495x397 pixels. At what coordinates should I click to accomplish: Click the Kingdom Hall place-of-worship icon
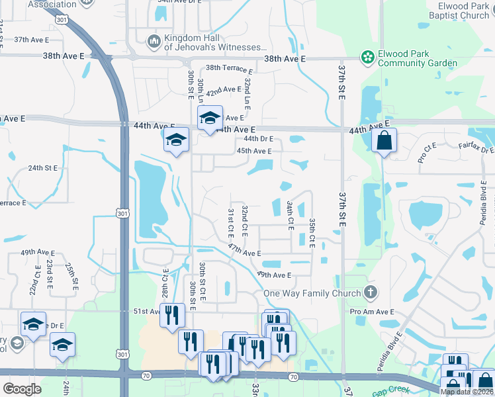154,42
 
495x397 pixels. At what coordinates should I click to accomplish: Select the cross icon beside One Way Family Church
371,292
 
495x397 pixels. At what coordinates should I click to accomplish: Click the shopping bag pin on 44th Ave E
384,140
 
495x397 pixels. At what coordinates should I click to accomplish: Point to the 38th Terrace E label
229,69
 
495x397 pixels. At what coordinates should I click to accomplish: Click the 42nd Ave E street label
223,90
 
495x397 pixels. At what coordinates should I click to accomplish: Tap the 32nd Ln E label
247,94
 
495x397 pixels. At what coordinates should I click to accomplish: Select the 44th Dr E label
259,140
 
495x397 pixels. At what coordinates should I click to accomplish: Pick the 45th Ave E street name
254,151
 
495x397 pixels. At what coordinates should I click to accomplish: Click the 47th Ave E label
244,249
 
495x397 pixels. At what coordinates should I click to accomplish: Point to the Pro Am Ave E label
372,312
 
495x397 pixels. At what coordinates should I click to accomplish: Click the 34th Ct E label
291,216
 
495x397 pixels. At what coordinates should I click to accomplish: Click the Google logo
22,389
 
